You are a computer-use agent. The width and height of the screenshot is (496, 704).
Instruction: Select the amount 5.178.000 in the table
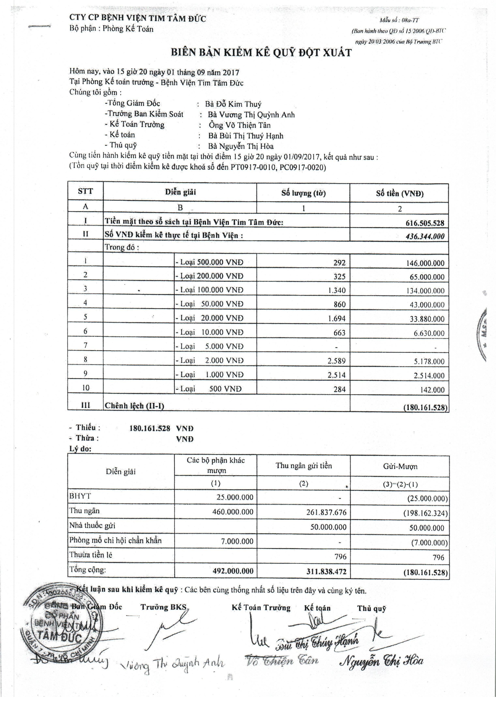click(429, 361)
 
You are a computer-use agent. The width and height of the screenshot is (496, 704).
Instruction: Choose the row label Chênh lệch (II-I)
click(135, 406)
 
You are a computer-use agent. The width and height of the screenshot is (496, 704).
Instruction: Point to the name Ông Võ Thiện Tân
click(240, 125)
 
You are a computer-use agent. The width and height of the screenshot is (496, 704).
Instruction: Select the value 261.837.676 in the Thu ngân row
click(326, 512)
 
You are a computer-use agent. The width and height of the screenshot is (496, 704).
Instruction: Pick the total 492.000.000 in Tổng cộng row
click(233, 571)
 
